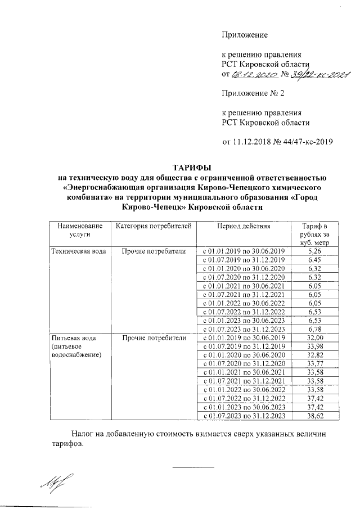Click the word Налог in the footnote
click(83, 435)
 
